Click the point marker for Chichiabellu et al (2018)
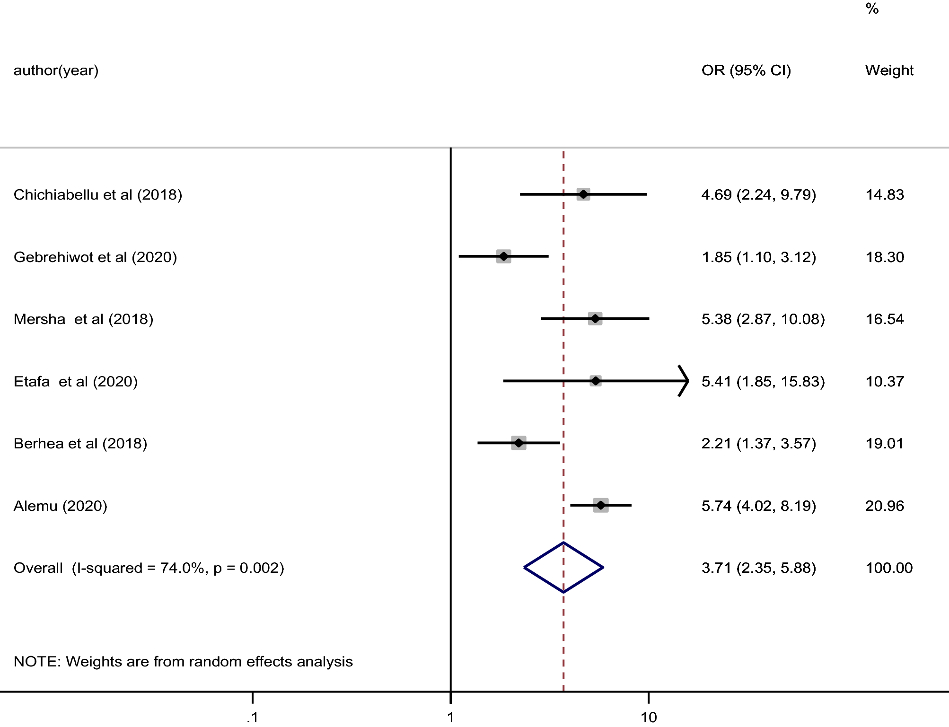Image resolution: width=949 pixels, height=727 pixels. [583, 194]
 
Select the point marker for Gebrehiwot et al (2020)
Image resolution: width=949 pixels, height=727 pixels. [504, 256]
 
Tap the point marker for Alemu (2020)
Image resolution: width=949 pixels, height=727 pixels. [601, 505]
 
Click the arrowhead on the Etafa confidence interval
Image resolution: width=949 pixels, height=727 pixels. [684, 381]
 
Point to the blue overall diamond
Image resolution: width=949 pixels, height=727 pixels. [563, 567]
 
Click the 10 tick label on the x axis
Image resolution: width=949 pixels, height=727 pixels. [649, 718]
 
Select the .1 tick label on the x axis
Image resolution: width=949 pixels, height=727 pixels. [253, 718]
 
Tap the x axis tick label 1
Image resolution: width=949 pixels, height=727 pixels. [450, 718]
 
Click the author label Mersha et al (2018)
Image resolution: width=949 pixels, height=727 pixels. [83, 319]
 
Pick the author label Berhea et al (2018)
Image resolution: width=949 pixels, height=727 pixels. [80, 444]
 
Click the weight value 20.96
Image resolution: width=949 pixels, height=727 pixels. [884, 506]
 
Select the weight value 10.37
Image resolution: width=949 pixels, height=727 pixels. [884, 382]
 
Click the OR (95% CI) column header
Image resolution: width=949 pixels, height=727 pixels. [746, 70]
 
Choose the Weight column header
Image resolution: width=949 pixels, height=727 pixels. [889, 70]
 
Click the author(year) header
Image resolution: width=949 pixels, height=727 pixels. [56, 70]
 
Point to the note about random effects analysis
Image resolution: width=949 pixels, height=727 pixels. [183, 661]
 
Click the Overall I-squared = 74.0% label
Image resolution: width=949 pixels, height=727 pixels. [149, 568]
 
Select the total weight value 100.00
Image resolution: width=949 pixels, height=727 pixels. [888, 568]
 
